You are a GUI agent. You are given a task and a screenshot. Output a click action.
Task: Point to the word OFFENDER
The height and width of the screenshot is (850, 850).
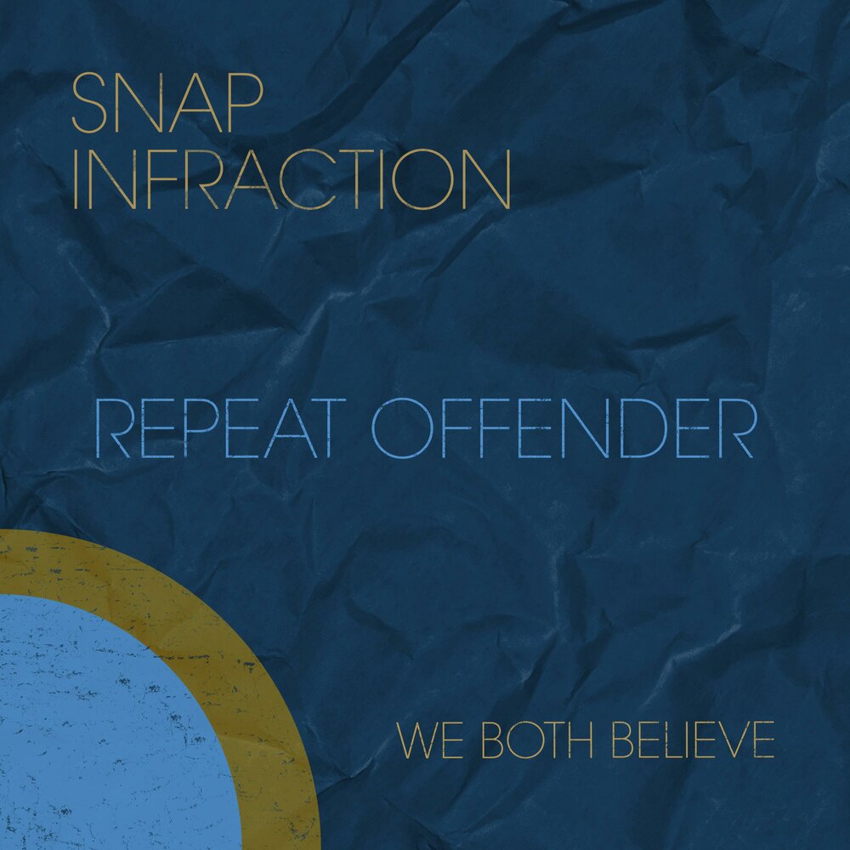564,431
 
